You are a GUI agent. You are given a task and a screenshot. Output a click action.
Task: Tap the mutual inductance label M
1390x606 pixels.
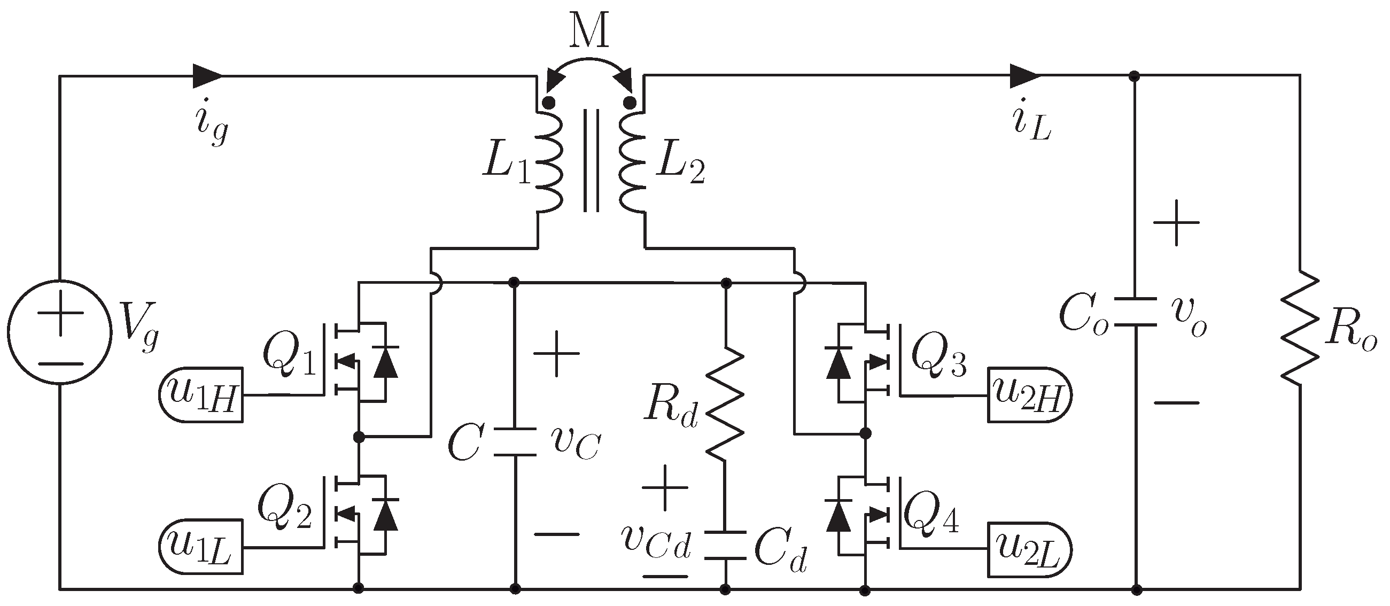589,31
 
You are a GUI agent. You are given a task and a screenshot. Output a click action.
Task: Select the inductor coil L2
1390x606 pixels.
632,162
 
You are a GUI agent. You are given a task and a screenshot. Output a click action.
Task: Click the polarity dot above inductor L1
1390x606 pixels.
549,103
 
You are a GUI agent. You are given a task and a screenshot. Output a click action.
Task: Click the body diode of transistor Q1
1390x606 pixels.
386,362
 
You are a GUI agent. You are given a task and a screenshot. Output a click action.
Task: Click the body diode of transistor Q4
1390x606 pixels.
838,515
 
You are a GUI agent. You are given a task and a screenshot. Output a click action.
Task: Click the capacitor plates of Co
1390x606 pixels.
1135,312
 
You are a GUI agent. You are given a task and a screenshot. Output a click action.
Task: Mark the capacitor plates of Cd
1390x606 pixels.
725,545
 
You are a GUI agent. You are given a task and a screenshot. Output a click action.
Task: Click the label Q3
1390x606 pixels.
938,357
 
